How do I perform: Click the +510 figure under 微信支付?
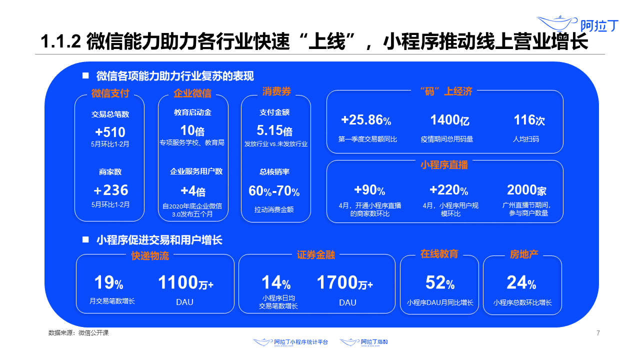[110, 132]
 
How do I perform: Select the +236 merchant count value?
[110, 190]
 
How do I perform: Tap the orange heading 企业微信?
[192, 93]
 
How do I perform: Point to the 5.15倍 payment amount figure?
[274, 131]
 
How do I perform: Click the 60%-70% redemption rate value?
[274, 191]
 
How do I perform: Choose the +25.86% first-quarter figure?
[366, 120]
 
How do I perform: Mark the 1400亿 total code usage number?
[449, 120]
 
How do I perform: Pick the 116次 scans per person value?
[529, 120]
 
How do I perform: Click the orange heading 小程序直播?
[444, 165]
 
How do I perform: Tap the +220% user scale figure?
[448, 190]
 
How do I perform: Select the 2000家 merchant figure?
[526, 190]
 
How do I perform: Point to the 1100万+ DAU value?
[185, 283]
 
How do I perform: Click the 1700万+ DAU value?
[344, 283]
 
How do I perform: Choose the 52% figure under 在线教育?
[440, 283]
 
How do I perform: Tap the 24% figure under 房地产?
[521, 283]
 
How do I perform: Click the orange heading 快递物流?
[150, 256]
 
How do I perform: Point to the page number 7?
[598, 333]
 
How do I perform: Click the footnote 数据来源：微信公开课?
[78, 333]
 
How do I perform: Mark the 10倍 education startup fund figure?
[192, 131]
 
